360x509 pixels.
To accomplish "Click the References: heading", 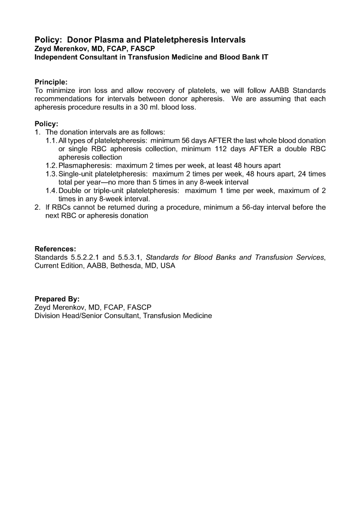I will (55, 249).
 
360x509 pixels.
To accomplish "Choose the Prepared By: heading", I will (57, 299).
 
